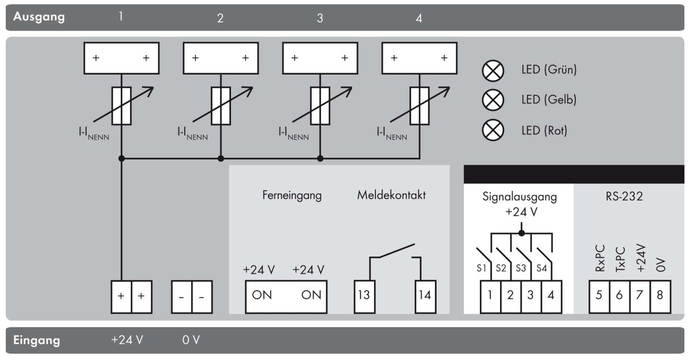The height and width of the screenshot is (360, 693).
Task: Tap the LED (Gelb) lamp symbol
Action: (x=493, y=101)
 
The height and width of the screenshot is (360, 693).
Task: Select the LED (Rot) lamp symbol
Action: (x=493, y=131)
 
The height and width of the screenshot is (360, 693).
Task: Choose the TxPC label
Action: (x=620, y=258)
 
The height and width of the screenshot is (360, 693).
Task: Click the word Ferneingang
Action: (x=292, y=195)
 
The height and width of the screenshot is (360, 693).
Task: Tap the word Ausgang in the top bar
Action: (x=40, y=16)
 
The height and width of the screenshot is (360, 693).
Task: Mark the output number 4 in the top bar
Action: (x=419, y=18)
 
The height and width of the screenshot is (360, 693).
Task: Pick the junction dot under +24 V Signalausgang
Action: (x=521, y=233)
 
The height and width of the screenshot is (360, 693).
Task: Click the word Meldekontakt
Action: (x=392, y=195)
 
